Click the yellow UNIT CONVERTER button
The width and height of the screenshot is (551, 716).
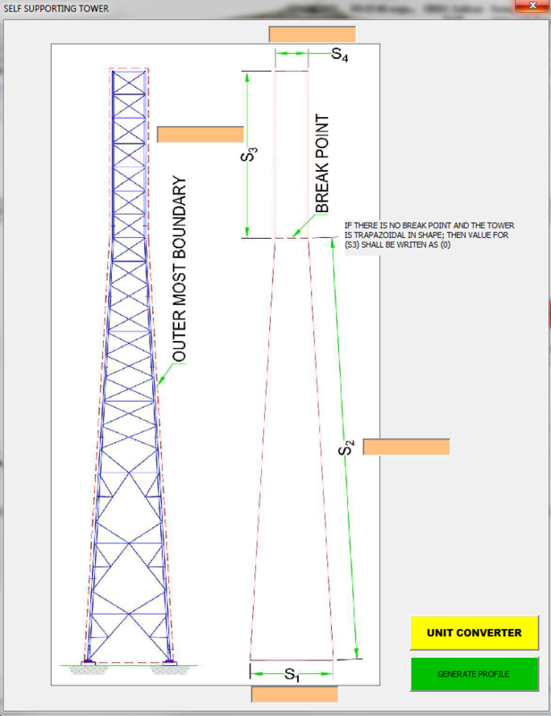point(474,632)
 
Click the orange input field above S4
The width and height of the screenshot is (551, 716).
point(312,35)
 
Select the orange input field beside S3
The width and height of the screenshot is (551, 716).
point(200,134)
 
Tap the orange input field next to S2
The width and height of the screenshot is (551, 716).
point(406,447)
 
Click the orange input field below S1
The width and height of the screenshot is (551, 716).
point(294,695)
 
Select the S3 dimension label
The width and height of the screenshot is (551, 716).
point(251,155)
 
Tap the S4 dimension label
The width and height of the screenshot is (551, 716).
point(340,55)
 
